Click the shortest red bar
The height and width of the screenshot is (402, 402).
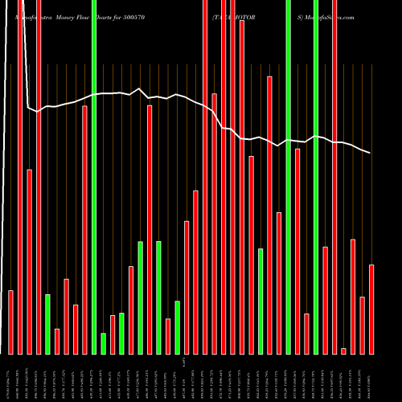pyautogui.click(x=343, y=351)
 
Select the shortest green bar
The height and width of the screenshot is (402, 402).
pyautogui.click(x=104, y=343)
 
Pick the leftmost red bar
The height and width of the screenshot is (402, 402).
pyautogui.click(x=11, y=322)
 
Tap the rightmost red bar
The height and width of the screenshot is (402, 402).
pyautogui.click(x=371, y=309)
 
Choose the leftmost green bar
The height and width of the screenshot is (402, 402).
pyautogui.click(x=48, y=324)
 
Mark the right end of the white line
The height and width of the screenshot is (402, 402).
pyautogui.click(x=371, y=153)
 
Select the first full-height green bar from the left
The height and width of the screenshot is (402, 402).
pyautogui.click(x=94, y=177)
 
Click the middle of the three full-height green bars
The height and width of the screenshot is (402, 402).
pyautogui.click(x=288, y=177)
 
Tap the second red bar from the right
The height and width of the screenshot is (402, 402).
pyautogui.click(x=362, y=325)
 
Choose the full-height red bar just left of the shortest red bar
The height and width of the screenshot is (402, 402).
pyautogui.click(x=334, y=177)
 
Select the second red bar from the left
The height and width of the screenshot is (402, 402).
pyautogui.click(x=20, y=177)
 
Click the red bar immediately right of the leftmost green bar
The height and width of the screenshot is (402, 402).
pyautogui.click(x=57, y=341)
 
